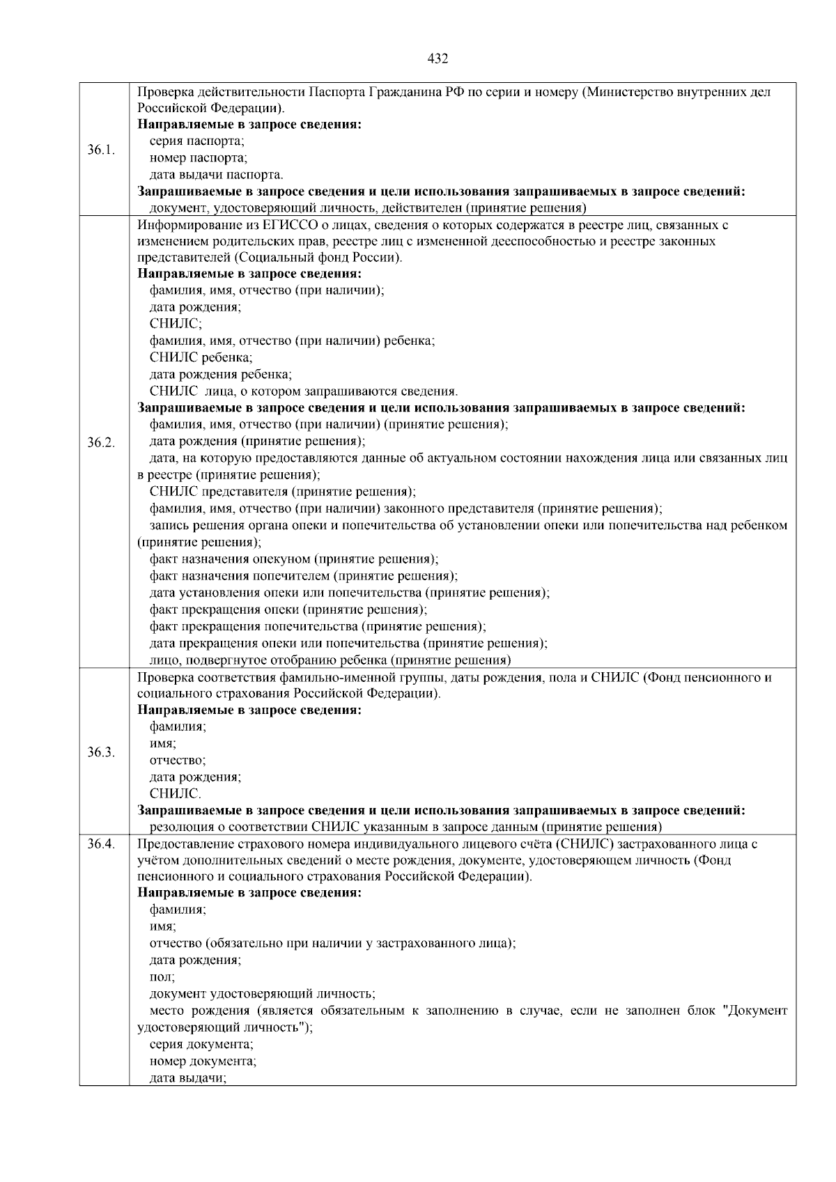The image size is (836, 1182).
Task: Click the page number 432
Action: (437, 59)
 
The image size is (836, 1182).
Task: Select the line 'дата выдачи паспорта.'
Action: (216, 175)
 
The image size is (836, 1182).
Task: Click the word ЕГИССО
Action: (290, 225)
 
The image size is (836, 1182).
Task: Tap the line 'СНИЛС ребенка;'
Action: (201, 357)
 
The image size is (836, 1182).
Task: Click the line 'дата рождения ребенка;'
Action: (221, 374)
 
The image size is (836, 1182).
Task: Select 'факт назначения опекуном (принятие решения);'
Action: (294, 559)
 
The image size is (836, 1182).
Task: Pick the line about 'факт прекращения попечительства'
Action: (318, 626)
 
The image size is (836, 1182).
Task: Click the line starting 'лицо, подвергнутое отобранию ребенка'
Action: (330, 660)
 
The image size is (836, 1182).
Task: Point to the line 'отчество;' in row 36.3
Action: (178, 761)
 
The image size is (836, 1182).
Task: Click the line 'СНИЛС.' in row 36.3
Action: (176, 793)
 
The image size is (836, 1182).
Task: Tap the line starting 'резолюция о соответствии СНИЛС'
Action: (405, 827)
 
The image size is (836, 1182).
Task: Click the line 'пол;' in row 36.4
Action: (162, 977)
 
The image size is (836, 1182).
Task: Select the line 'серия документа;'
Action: (201, 1045)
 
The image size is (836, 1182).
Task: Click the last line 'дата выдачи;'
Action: (189, 1078)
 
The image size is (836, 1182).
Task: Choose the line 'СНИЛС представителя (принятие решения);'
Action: (282, 492)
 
